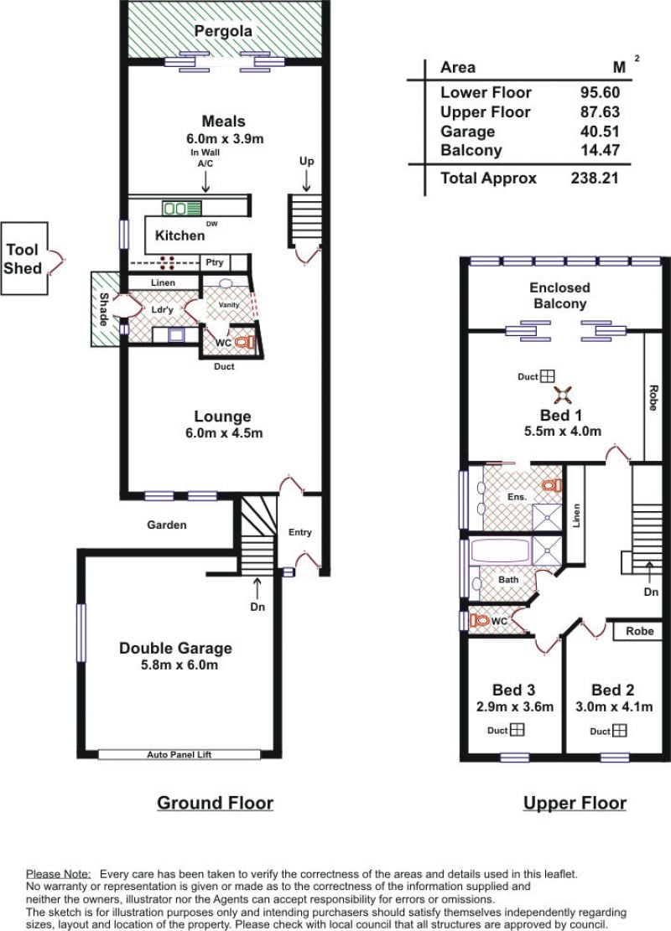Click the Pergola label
click(x=223, y=32)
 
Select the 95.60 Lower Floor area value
click(x=600, y=93)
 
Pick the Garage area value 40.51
click(x=600, y=132)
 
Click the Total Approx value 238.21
click(x=595, y=178)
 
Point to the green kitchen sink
click(x=182, y=209)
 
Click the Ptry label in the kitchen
click(x=215, y=261)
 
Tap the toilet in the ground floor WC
click(x=244, y=342)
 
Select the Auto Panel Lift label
click(x=179, y=755)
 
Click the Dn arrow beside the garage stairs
click(x=257, y=588)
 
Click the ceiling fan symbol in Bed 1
click(x=562, y=395)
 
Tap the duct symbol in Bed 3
click(x=517, y=730)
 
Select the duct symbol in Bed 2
click(x=619, y=731)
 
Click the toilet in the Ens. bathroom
click(x=552, y=485)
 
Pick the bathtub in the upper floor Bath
click(x=501, y=551)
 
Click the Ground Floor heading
click(x=216, y=803)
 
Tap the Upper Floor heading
click(x=575, y=803)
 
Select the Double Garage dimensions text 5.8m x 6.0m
click(x=179, y=665)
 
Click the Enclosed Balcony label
click(x=559, y=296)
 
